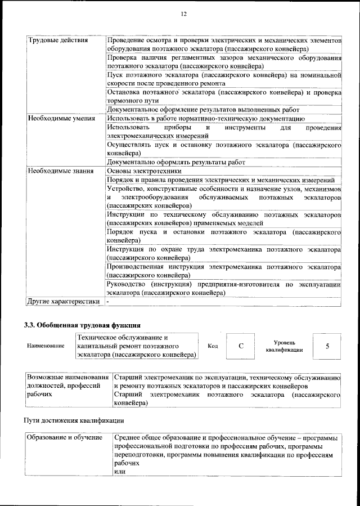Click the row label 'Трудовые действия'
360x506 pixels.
click(x=58, y=42)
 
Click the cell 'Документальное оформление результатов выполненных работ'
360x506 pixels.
click(x=203, y=110)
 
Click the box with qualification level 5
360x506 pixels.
click(x=327, y=346)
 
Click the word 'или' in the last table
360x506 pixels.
click(x=119, y=471)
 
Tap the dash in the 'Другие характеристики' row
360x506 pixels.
click(x=109, y=302)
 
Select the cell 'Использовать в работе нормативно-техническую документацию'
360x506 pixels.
click(x=206, y=119)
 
